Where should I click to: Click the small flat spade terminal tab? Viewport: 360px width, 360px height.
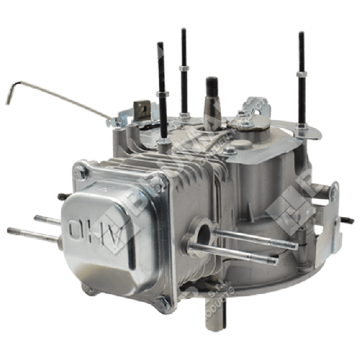(142, 110)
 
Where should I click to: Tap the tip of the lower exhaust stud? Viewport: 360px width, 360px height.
(274, 261)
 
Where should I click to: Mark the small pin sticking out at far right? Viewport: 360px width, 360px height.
(348, 221)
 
